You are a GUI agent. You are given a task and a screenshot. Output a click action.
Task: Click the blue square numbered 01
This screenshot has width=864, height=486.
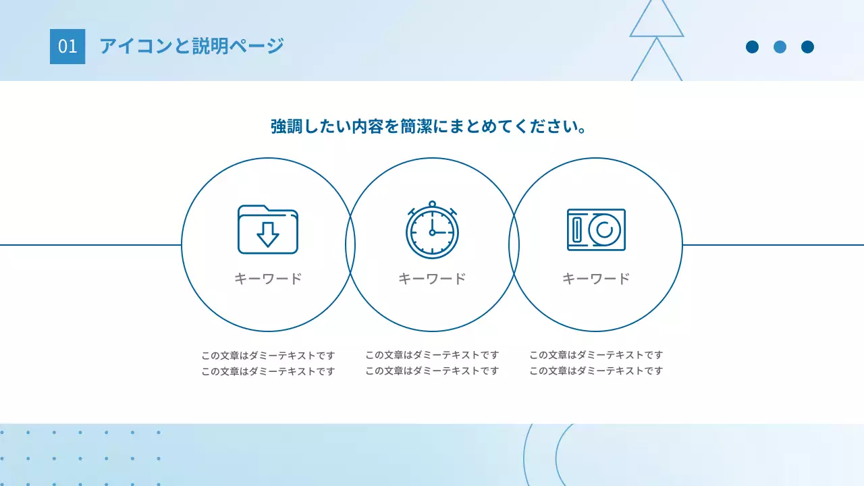(x=67, y=47)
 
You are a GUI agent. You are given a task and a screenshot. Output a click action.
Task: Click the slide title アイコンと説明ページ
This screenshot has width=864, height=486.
(x=192, y=47)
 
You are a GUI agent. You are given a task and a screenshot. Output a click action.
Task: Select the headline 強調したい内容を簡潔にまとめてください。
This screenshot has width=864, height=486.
(x=428, y=126)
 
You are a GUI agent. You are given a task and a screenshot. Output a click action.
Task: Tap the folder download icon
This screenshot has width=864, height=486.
(x=268, y=230)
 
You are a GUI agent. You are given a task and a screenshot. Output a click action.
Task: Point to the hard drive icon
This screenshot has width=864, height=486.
(x=596, y=230)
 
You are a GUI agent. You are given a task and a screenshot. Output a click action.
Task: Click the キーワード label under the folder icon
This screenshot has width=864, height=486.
(x=268, y=278)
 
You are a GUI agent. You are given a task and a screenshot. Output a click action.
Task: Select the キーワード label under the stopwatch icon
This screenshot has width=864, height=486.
(x=432, y=278)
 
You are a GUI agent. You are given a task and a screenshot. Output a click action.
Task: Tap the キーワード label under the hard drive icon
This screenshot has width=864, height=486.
(x=596, y=278)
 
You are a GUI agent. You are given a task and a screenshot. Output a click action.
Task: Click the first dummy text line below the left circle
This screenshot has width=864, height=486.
(x=268, y=355)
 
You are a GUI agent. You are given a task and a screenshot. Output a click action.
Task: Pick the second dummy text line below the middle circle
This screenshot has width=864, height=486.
(x=432, y=371)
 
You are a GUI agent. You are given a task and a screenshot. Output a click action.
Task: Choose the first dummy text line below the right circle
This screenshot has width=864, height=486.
(x=596, y=355)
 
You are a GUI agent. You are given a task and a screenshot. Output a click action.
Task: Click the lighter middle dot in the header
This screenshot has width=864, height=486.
(x=780, y=47)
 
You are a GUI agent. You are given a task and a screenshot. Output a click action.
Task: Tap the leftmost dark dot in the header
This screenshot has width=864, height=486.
(x=752, y=47)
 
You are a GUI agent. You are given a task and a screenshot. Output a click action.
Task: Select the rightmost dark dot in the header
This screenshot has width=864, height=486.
(x=807, y=47)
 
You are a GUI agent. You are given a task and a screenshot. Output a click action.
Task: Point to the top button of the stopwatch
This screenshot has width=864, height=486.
(x=432, y=203)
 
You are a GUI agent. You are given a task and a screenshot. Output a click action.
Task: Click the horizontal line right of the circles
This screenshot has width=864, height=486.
(x=773, y=245)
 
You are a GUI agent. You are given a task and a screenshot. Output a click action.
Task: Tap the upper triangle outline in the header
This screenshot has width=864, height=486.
(x=657, y=19)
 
